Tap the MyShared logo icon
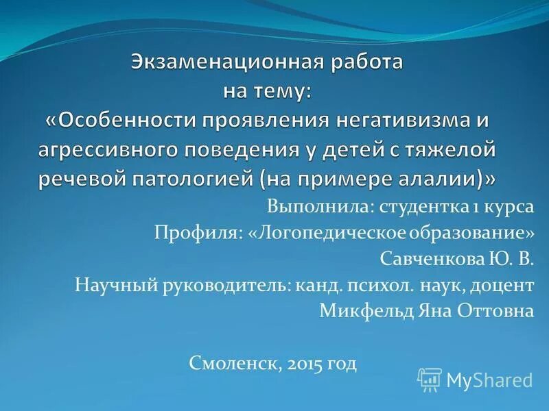pyautogui.click(x=429, y=379)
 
